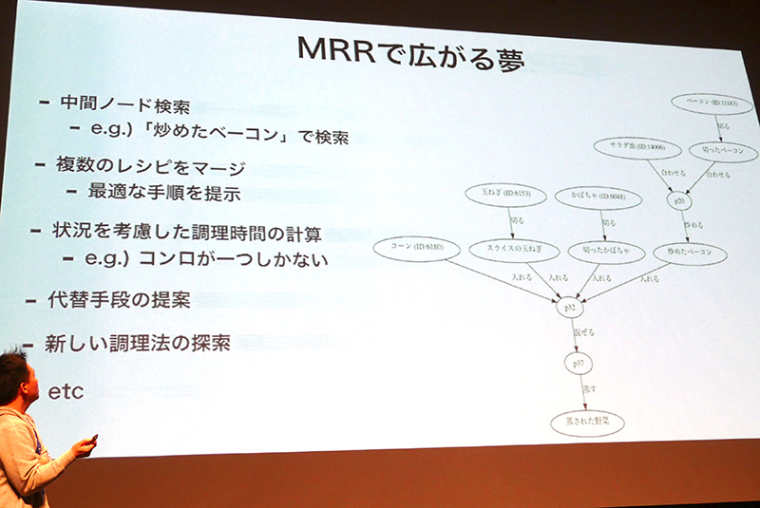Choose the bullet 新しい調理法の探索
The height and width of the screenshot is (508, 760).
[x=138, y=344]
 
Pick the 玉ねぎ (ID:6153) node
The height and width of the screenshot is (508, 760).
[x=504, y=195]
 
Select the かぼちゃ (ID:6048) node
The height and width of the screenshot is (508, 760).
[x=595, y=195]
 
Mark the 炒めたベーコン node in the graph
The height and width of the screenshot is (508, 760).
[x=689, y=254]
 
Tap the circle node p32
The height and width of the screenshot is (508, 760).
[x=569, y=308]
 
